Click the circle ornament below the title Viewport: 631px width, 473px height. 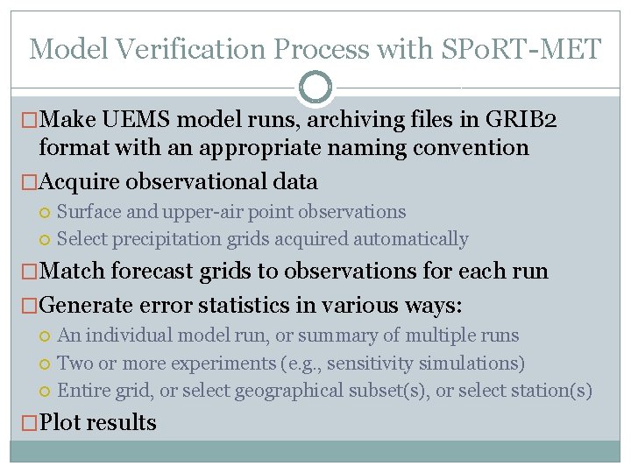315,88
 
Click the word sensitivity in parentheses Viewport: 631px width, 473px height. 416,363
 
